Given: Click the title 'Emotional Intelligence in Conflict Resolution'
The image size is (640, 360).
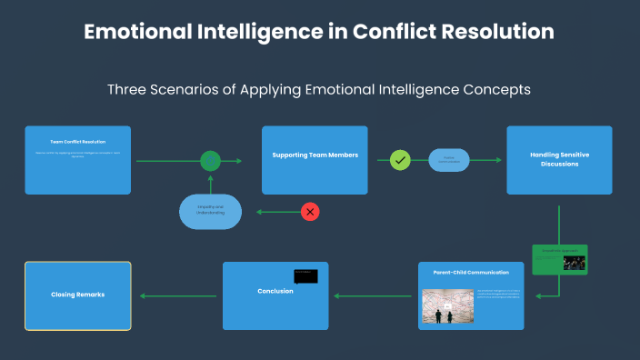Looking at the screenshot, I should (x=319, y=31).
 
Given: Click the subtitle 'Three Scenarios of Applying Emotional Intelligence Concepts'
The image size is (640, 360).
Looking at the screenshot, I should (x=319, y=90).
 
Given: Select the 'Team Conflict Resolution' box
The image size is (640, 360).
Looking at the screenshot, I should (x=78, y=160).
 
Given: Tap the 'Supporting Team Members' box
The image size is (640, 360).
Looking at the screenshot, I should (x=315, y=160).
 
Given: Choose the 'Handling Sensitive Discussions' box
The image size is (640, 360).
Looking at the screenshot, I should (x=559, y=160).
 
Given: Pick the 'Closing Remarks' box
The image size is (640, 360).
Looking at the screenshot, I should (x=78, y=295).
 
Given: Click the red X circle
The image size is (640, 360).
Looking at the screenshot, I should (x=310, y=212).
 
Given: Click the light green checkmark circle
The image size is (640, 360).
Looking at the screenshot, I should (x=400, y=160).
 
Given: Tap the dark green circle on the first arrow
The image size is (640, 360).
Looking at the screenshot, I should (x=211, y=161).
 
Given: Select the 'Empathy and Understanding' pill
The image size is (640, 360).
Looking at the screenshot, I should (x=211, y=212).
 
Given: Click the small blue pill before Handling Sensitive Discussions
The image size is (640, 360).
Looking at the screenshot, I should (x=449, y=160).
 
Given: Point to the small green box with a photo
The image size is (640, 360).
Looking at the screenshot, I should (x=560, y=259).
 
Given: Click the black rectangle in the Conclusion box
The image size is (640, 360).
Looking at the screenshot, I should (x=305, y=276).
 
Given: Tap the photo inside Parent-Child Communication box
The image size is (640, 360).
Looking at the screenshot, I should (x=448, y=306).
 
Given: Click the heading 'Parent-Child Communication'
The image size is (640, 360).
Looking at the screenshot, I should (x=471, y=272).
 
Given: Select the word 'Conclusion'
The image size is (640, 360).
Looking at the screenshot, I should (x=275, y=291).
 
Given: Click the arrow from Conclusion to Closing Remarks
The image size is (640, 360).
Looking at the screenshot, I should (x=178, y=295).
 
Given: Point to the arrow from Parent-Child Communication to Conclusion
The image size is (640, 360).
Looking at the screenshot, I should (x=374, y=295).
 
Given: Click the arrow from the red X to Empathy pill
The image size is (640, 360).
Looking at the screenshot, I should (x=277, y=212).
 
